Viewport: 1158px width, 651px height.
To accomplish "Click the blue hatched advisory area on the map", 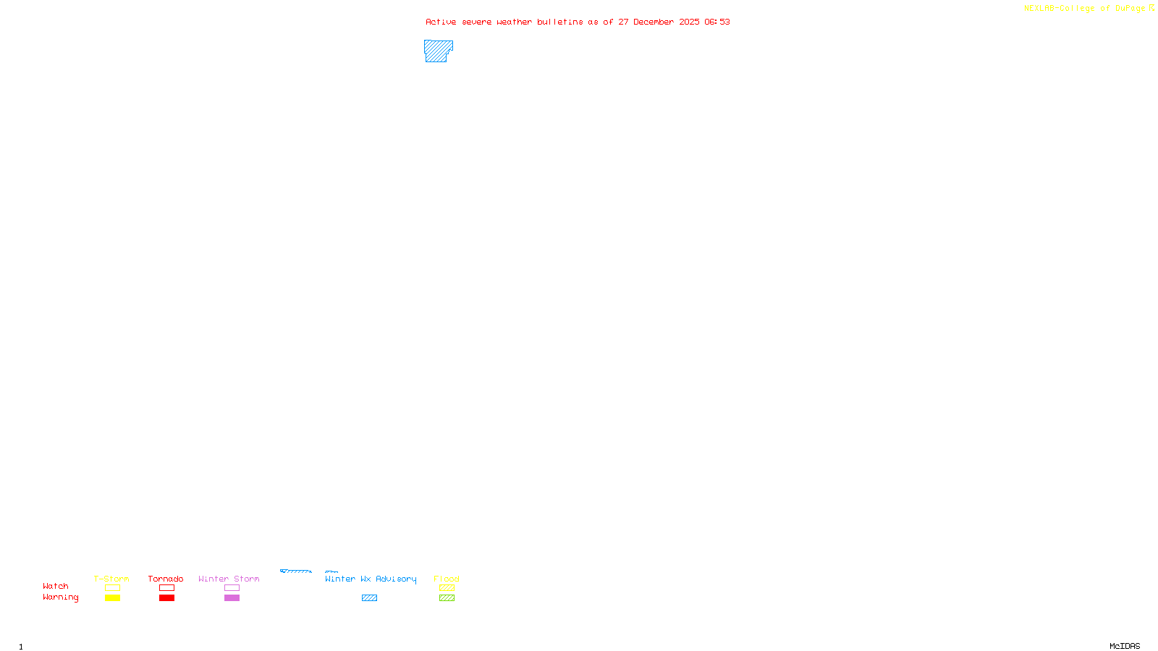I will [x=437, y=51].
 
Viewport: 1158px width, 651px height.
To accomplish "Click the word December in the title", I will [x=654, y=22].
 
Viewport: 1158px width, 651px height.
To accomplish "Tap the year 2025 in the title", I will [x=689, y=22].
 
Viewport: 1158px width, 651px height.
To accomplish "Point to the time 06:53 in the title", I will [x=717, y=22].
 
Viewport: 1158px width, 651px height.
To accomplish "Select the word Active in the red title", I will [x=441, y=22].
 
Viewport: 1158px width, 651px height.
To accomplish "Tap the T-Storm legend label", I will [x=111, y=579].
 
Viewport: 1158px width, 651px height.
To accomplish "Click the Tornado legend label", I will [x=166, y=579].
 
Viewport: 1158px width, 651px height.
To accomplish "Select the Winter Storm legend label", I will [x=229, y=579].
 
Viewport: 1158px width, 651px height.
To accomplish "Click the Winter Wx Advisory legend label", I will [x=371, y=579].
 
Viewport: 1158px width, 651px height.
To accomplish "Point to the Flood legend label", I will [x=447, y=579].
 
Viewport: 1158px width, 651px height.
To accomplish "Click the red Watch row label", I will [x=56, y=586].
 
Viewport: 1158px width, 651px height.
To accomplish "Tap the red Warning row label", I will [x=61, y=597].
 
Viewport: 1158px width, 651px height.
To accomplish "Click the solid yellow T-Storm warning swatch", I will [x=112, y=598].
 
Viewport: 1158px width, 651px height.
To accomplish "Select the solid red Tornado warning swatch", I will [x=166, y=598].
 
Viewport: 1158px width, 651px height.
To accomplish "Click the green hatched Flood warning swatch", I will [x=447, y=598].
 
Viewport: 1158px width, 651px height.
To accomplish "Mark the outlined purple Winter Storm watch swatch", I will [x=232, y=588].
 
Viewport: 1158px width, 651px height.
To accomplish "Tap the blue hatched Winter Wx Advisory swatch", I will [x=369, y=598].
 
